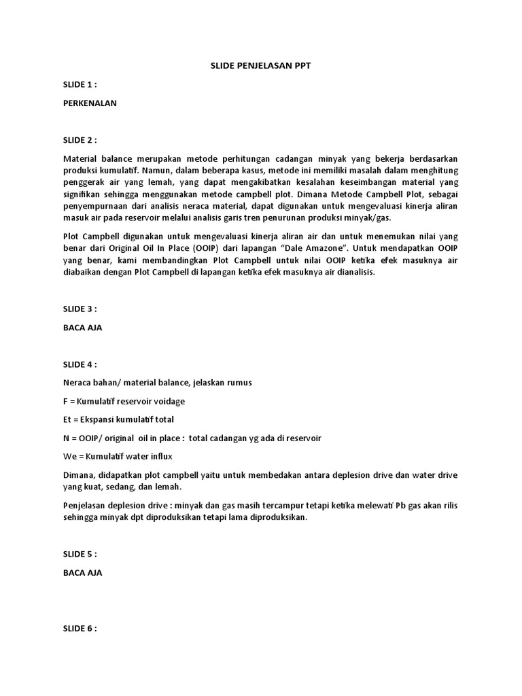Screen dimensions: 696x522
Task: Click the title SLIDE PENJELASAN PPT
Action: click(262, 65)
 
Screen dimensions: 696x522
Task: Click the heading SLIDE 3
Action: click(80, 309)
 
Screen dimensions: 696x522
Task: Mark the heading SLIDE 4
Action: click(80, 364)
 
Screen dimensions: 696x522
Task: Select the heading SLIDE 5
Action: click(80, 554)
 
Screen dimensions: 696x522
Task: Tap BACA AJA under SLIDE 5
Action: click(82, 573)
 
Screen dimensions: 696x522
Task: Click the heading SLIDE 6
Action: click(80, 629)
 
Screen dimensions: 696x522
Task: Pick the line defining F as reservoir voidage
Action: click(123, 401)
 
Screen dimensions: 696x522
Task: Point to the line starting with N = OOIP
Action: click(191, 438)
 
